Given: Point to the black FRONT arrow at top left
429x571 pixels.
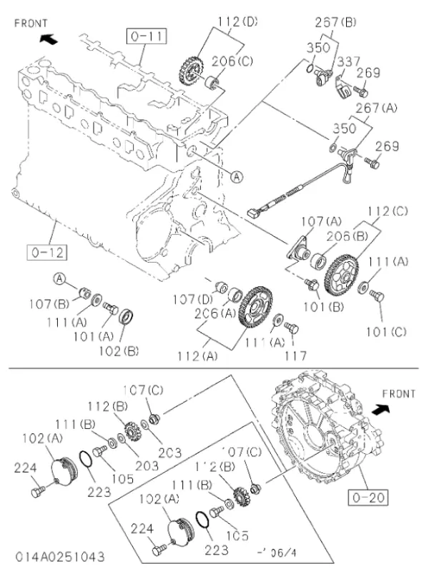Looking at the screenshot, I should [48, 39].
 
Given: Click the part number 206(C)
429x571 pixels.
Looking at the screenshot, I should [234, 61].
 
